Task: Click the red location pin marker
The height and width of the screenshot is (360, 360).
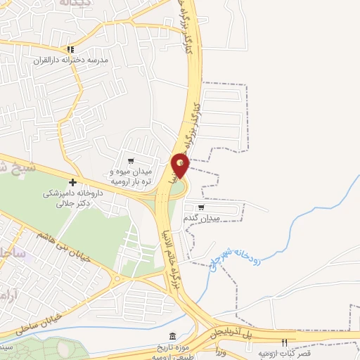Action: tap(180, 166)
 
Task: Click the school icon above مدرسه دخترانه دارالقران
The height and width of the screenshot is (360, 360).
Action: tap(70, 49)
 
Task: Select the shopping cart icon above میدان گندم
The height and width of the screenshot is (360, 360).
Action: tap(202, 207)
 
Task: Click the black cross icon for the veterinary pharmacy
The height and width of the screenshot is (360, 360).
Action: tap(72, 182)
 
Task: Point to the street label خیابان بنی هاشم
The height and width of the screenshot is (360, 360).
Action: tap(58, 247)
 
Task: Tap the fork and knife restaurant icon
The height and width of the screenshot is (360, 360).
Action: tap(285, 343)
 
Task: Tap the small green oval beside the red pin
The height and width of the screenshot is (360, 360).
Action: tap(176, 187)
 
